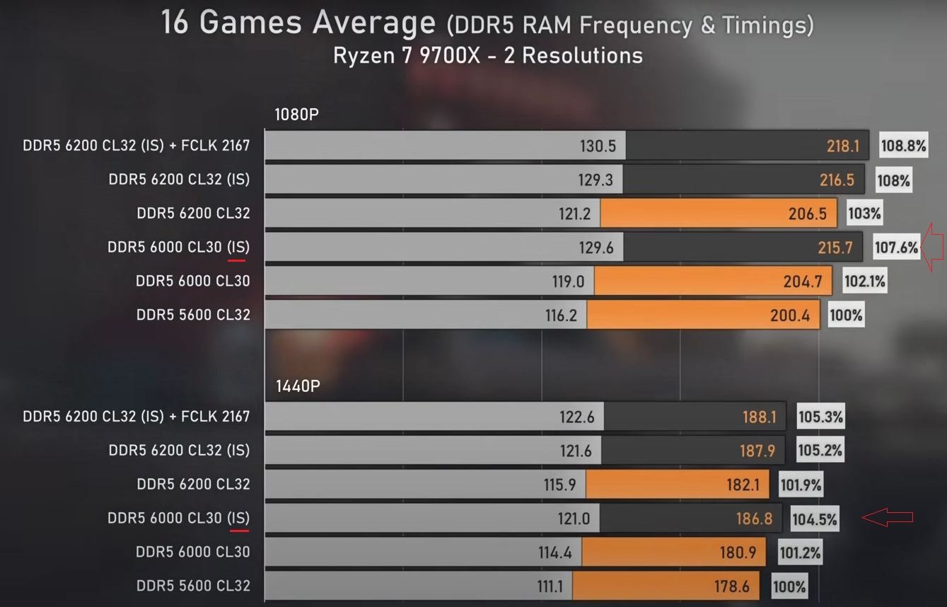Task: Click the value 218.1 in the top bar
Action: coord(842,146)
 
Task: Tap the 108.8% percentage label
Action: coord(903,146)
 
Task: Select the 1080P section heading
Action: coord(297,115)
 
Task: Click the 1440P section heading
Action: coord(297,386)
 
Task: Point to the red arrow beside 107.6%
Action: coord(934,247)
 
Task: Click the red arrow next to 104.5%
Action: coord(887,518)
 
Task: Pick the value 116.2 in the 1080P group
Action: coord(561,315)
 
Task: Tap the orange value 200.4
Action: coord(789,315)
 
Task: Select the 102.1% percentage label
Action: coord(864,281)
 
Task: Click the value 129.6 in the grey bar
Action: coord(595,247)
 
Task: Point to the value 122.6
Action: coord(576,417)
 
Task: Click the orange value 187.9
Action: coord(757,451)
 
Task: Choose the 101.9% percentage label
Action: coord(801,485)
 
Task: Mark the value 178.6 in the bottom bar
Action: coord(729,586)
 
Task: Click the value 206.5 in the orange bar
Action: coord(807,213)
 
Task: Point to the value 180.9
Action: coord(738,552)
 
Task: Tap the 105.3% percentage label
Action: coord(820,417)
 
